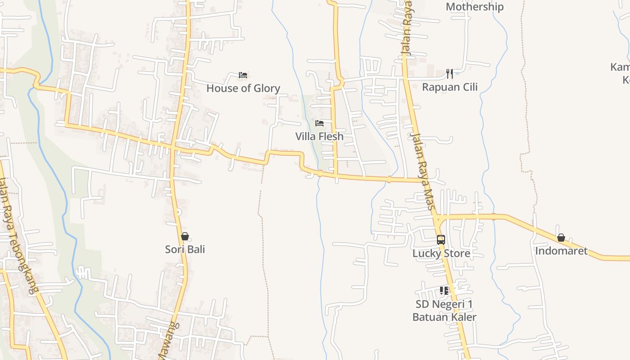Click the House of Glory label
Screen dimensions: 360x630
click(243, 88)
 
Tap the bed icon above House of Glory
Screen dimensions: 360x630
click(243, 75)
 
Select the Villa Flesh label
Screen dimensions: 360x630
click(319, 136)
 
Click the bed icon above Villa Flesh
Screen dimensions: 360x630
click(319, 123)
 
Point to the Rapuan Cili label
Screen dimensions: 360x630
click(450, 87)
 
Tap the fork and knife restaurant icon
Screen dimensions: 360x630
click(449, 73)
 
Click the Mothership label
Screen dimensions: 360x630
click(474, 7)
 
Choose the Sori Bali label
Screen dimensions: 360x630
click(185, 249)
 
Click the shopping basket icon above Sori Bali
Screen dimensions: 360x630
click(184, 236)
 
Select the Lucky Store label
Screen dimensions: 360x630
click(441, 253)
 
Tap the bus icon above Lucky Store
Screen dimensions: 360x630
click(441, 240)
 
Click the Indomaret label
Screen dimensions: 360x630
click(561, 251)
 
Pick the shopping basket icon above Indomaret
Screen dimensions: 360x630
click(561, 238)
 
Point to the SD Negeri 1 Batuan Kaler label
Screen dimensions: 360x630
click(444, 310)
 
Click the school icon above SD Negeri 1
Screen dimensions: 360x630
click(444, 291)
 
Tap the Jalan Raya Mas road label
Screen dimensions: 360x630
click(423, 171)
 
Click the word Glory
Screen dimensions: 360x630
click(266, 88)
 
